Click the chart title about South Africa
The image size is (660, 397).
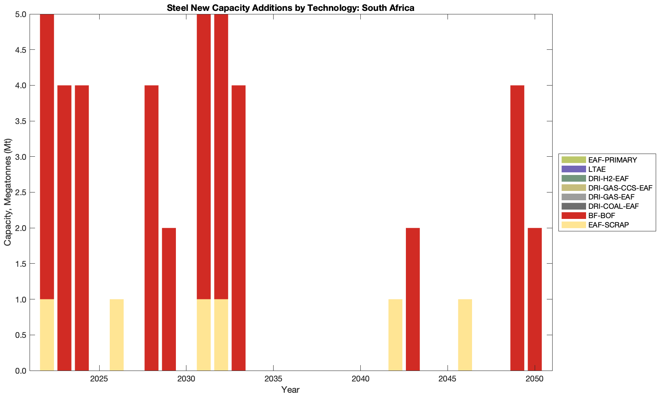click(290, 7)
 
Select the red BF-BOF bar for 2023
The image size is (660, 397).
click(64, 227)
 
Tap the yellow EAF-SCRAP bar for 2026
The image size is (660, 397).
click(117, 335)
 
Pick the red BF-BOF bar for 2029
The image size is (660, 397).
click(169, 299)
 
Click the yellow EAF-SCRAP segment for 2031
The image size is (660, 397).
click(204, 335)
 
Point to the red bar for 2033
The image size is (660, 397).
click(239, 227)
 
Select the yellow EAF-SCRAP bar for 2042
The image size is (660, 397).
click(395, 335)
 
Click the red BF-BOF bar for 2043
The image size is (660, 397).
click(413, 299)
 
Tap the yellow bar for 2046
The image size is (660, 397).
click(465, 335)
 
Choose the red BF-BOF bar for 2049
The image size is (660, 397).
click(517, 227)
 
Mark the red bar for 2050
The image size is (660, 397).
click(535, 299)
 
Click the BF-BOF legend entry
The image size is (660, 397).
click(602, 215)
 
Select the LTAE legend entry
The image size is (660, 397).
click(597, 169)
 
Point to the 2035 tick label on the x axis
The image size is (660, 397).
click(273, 379)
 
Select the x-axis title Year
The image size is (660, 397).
click(290, 390)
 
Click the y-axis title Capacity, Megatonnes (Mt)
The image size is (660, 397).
click(8, 192)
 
